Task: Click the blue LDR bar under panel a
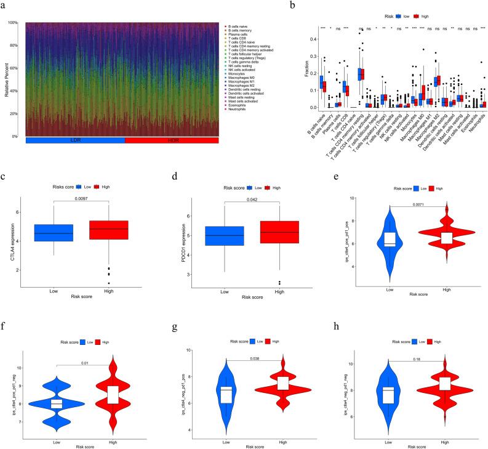(x=75, y=140)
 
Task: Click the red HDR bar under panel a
(x=172, y=140)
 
